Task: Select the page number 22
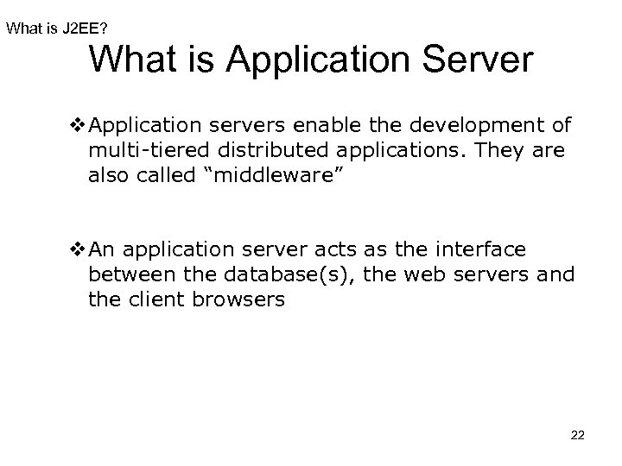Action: coord(577,437)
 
